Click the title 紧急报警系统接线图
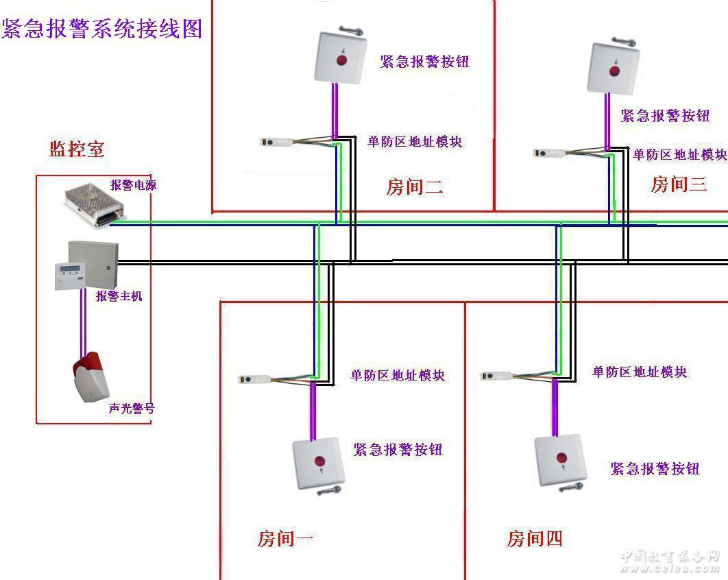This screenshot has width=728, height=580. [102, 28]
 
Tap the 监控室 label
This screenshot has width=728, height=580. [77, 149]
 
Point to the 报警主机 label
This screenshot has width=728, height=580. [119, 296]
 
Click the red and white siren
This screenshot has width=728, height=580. [90, 376]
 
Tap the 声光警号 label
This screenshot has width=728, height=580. [132, 408]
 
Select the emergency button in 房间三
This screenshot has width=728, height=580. [614, 68]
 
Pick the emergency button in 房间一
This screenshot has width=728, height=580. [316, 461]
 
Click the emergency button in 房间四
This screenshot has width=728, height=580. [561, 458]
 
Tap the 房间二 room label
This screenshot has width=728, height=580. [414, 186]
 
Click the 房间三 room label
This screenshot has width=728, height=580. [678, 184]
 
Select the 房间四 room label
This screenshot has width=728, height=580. [535, 539]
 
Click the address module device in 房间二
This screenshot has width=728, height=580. [277, 142]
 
